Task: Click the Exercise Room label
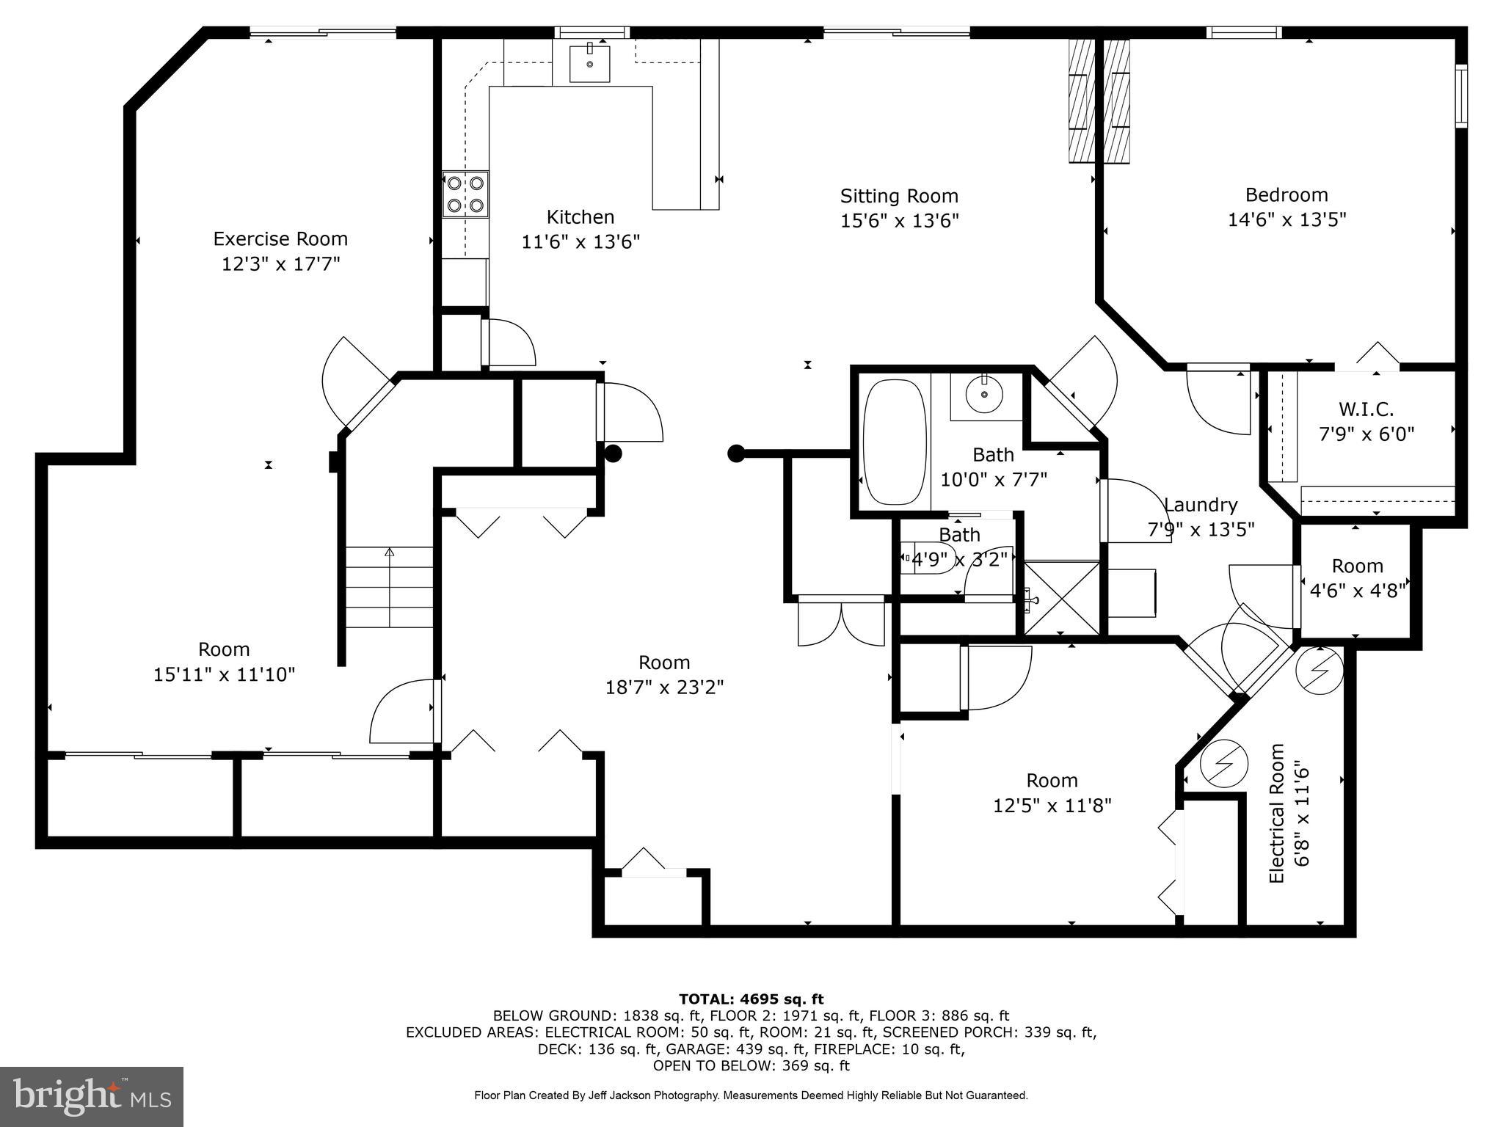(x=280, y=239)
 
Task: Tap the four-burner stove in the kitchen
(x=465, y=194)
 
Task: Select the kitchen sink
(x=589, y=63)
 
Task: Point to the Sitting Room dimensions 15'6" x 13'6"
(x=899, y=221)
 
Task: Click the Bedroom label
(x=1286, y=195)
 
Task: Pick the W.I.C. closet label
(x=1366, y=409)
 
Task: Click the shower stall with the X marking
(x=1061, y=598)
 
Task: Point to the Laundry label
(x=1201, y=506)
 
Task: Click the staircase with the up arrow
(x=389, y=587)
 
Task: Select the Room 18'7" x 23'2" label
(x=664, y=675)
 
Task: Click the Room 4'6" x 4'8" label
(x=1357, y=566)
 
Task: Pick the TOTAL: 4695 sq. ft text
(x=751, y=999)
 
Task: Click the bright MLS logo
(x=92, y=1096)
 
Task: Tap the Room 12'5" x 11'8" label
(x=1052, y=792)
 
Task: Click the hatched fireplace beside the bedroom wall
(x=1098, y=101)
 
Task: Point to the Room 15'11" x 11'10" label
(x=224, y=662)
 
